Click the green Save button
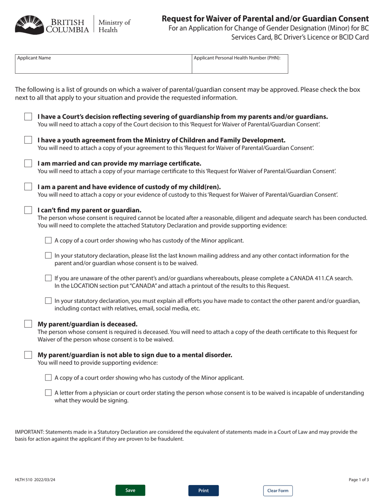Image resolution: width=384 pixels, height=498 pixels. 130,490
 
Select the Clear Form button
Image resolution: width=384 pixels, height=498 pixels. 278,491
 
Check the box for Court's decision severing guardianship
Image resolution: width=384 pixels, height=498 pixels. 28,117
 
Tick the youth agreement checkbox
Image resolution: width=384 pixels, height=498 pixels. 28,140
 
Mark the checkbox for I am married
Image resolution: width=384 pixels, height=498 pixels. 28,164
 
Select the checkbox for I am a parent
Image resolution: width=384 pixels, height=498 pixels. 28,187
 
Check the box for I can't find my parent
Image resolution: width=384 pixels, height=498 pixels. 28,210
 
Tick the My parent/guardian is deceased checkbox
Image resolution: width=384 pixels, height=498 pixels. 28,324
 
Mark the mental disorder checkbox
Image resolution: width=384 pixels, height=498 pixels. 28,355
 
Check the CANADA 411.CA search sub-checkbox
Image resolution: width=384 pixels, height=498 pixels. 49,278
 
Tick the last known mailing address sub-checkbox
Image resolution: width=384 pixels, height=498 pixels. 49,255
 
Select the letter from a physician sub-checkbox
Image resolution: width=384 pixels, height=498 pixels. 49,393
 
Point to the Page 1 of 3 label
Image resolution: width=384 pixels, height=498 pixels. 359,480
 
